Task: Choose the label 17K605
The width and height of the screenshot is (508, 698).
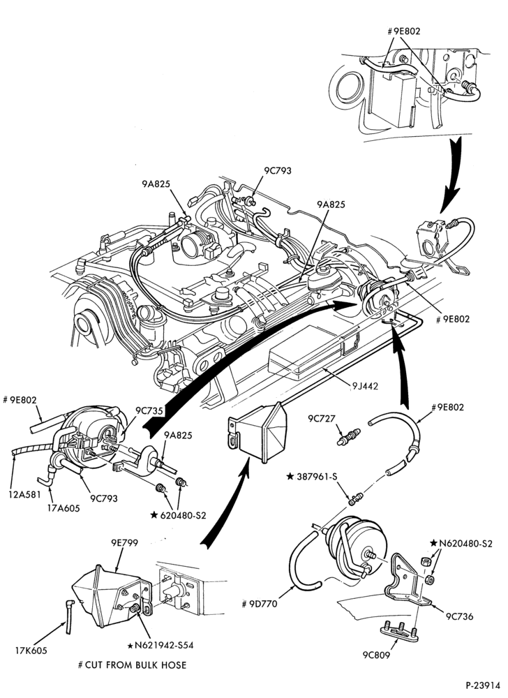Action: [31, 651]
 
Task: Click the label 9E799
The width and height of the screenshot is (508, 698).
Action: [124, 542]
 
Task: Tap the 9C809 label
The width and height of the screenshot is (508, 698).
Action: [376, 655]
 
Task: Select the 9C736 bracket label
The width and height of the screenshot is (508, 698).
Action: [460, 616]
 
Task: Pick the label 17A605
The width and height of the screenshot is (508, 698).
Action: [64, 507]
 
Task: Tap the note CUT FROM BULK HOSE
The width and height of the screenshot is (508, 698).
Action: [132, 665]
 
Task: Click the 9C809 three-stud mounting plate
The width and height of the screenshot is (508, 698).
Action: [399, 633]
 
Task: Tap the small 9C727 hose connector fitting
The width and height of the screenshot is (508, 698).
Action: [349, 436]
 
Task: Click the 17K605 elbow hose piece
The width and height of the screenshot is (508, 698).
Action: [68, 616]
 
